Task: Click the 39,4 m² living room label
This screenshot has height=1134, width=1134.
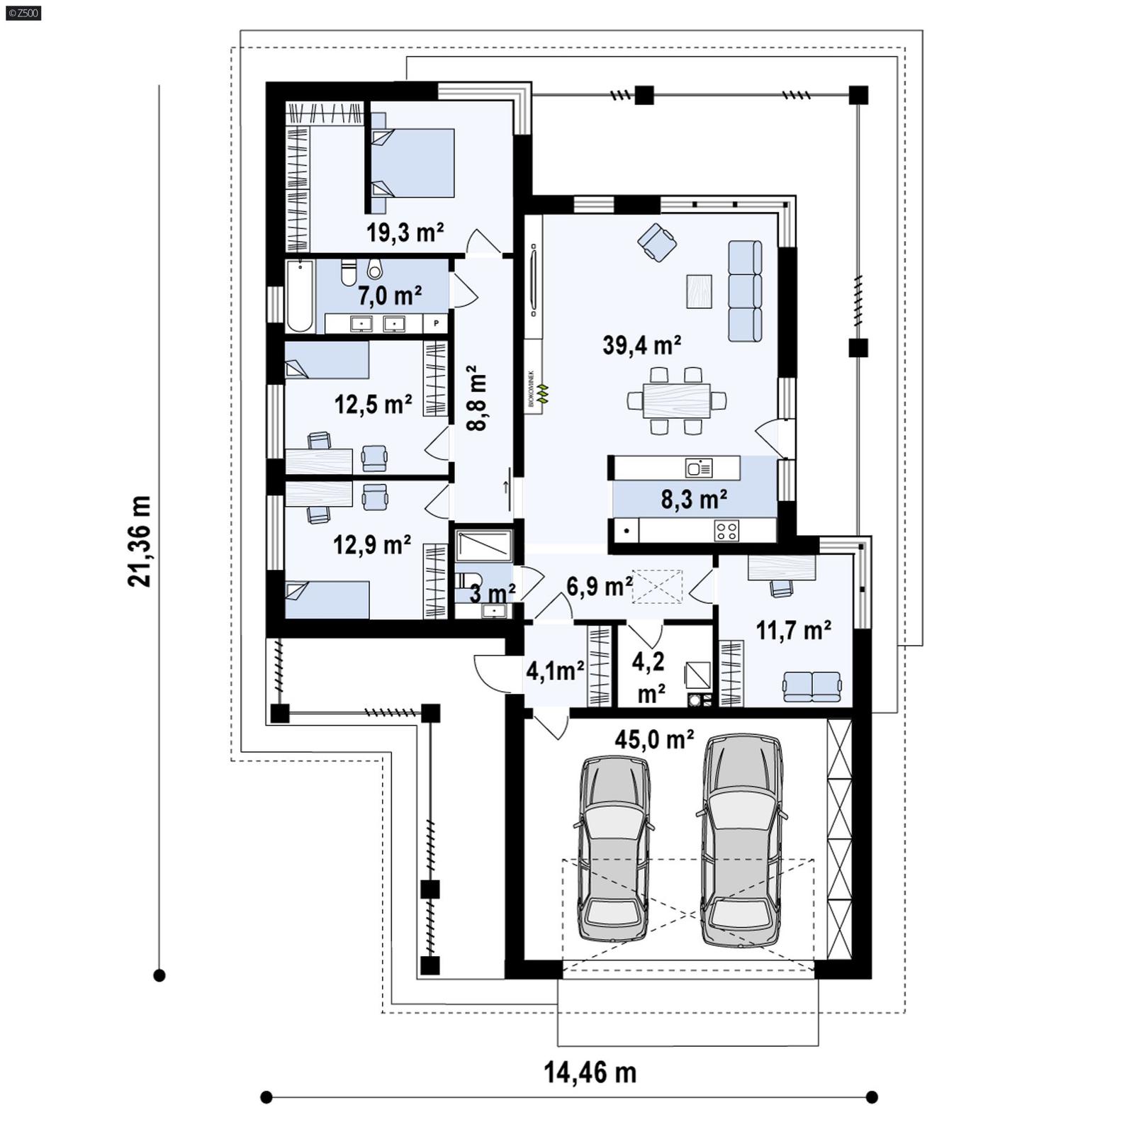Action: click(x=642, y=345)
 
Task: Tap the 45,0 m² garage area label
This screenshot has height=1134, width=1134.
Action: click(x=653, y=739)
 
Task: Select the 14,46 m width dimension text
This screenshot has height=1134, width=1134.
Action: click(x=590, y=1072)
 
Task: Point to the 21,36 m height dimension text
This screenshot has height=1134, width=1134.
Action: click(x=140, y=541)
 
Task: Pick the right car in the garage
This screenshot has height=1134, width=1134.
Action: click(x=742, y=839)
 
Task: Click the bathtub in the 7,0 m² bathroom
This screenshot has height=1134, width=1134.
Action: click(x=300, y=296)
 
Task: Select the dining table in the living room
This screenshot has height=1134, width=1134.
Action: click(x=677, y=400)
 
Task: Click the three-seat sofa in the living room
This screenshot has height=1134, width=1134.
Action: click(x=745, y=291)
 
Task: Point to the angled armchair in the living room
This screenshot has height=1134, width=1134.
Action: click(x=657, y=242)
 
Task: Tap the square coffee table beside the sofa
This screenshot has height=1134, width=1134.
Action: click(x=699, y=291)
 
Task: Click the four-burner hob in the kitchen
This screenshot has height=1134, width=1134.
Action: click(x=726, y=529)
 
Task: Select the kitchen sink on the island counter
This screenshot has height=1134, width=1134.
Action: click(x=699, y=468)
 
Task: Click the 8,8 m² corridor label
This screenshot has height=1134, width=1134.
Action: click(x=476, y=398)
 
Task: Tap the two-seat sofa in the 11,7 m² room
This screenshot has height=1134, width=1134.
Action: click(x=812, y=685)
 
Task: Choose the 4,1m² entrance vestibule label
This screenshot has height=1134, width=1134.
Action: click(x=555, y=670)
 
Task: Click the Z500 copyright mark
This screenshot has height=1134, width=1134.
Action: click(x=23, y=12)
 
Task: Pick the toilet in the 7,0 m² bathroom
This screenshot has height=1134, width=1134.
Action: click(x=348, y=272)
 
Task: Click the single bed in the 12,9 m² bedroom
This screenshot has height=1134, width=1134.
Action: click(x=327, y=600)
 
